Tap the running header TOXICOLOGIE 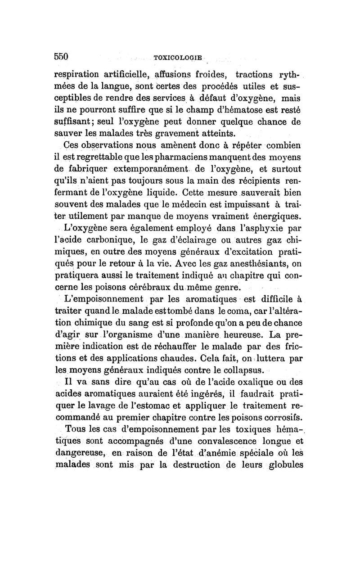pos(178,58)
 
